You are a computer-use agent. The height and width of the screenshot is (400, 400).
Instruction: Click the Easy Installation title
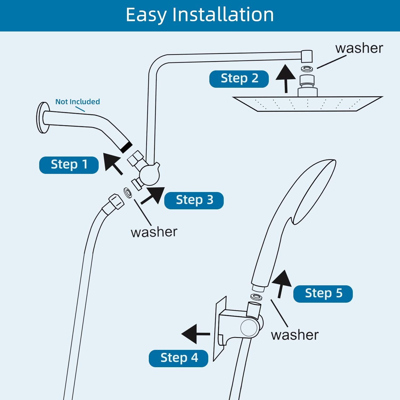click(x=200, y=15)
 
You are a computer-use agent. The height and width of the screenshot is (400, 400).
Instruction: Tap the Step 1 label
click(x=69, y=165)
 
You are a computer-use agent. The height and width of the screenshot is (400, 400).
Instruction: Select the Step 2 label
click(x=239, y=79)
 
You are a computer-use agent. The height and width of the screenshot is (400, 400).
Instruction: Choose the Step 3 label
click(x=194, y=200)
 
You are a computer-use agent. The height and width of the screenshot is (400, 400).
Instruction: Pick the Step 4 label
click(x=178, y=358)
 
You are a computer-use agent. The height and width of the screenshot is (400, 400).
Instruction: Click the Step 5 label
click(x=323, y=294)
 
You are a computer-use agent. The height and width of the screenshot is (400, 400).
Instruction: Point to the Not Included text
click(x=78, y=102)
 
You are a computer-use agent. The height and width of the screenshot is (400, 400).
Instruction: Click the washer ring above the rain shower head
click(x=307, y=69)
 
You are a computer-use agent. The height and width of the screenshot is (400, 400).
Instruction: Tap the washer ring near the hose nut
click(x=127, y=193)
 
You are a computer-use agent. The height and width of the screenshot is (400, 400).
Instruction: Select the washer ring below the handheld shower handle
click(x=256, y=297)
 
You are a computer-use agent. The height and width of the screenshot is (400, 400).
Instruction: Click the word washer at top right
click(x=359, y=49)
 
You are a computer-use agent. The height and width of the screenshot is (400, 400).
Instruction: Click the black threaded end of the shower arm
click(x=126, y=147)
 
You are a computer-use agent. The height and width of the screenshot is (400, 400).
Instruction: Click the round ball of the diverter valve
click(x=150, y=174)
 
